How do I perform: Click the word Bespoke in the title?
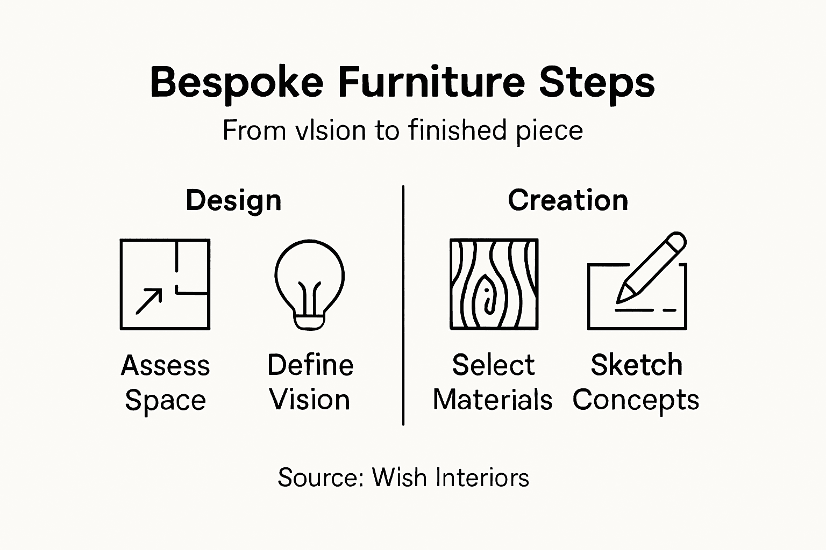[237, 83]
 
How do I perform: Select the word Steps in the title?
[597, 83]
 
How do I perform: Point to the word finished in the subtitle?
[457, 131]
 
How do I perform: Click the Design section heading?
[233, 201]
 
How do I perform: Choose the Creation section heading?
[568, 200]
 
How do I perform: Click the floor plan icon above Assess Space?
[165, 284]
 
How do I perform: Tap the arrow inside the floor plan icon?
[149, 301]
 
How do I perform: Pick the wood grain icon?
[494, 284]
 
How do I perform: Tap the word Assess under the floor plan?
[165, 366]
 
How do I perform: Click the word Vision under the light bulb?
[310, 400]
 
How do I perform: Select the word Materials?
[493, 400]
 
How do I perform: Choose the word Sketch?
[637, 365]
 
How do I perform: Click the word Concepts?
[636, 400]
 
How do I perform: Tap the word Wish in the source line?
[399, 477]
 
